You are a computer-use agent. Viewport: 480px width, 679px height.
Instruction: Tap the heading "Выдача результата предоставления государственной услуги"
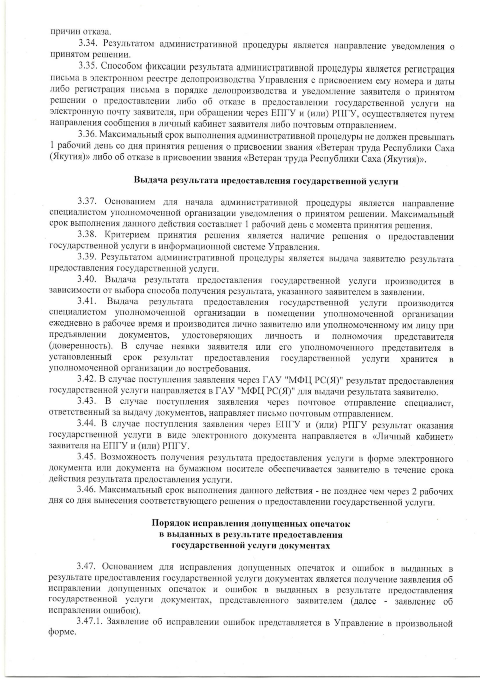[266, 180]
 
